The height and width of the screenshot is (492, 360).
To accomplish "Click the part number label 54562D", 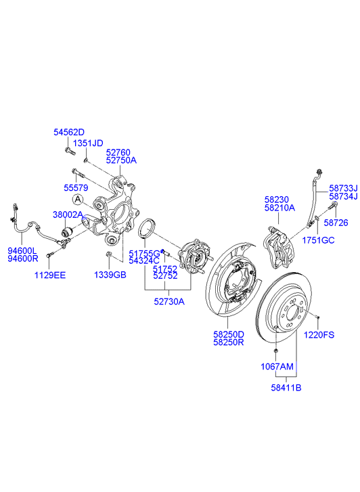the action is coord(69,132).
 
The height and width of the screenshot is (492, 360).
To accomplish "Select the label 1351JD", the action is coord(88,143).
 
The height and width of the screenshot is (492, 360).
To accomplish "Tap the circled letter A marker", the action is coord(78,199).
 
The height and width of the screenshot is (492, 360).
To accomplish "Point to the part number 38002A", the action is coord(68,215).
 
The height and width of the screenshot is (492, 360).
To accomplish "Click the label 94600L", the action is coord(22,250).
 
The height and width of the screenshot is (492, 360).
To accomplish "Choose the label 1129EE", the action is coord(50,275).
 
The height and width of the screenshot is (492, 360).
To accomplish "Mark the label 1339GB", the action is coord(110,275).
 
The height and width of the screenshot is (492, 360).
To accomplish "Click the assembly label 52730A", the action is coord(169,302).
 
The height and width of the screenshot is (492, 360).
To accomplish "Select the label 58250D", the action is coord(229,334).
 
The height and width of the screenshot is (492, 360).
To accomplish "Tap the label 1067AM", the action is coord(277,366).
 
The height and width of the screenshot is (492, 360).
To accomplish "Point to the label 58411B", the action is coord(286,388).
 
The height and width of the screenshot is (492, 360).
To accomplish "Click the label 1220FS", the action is coord(319,335).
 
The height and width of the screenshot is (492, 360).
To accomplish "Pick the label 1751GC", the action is coord(318,240).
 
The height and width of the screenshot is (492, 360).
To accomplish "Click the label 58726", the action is coord(336,223).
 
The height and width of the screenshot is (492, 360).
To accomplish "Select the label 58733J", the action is coord(343,188).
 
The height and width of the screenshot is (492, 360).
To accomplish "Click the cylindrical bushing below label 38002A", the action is coord(66,232).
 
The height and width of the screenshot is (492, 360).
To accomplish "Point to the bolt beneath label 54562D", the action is coord(70,151).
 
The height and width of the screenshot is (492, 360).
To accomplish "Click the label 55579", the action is coord(76,188).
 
